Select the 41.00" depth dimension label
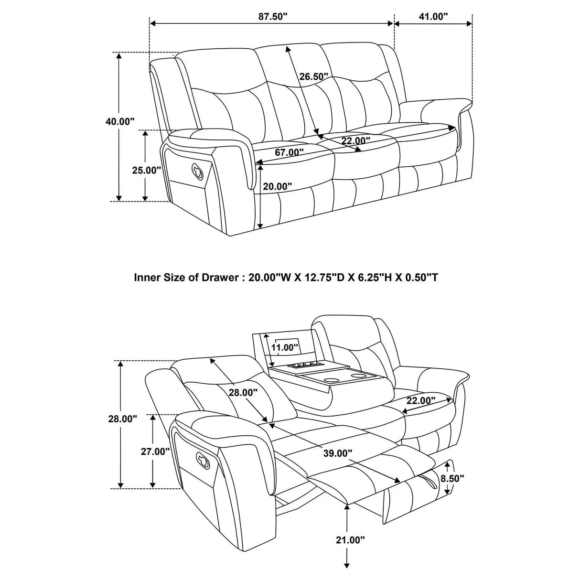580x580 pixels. (433, 17)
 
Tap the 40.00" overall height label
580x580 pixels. (120, 121)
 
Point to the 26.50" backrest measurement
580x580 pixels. (314, 76)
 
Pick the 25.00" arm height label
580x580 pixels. (147, 170)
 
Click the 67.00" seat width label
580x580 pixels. (289, 152)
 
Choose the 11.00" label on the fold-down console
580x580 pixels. (285, 347)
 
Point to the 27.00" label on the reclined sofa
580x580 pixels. (155, 451)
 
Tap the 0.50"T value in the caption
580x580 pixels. (420, 277)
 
